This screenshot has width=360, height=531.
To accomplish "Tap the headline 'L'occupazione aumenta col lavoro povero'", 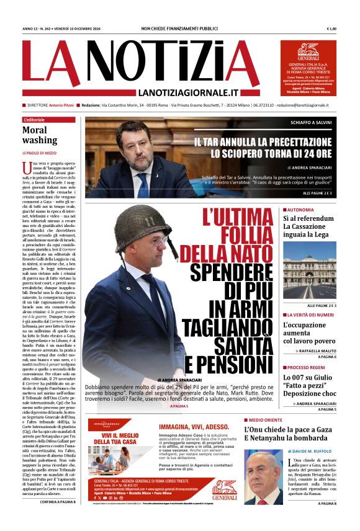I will (308, 332).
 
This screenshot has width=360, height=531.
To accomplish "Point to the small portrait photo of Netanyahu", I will (263, 477).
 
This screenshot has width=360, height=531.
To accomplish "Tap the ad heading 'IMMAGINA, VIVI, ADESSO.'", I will (195, 427).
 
